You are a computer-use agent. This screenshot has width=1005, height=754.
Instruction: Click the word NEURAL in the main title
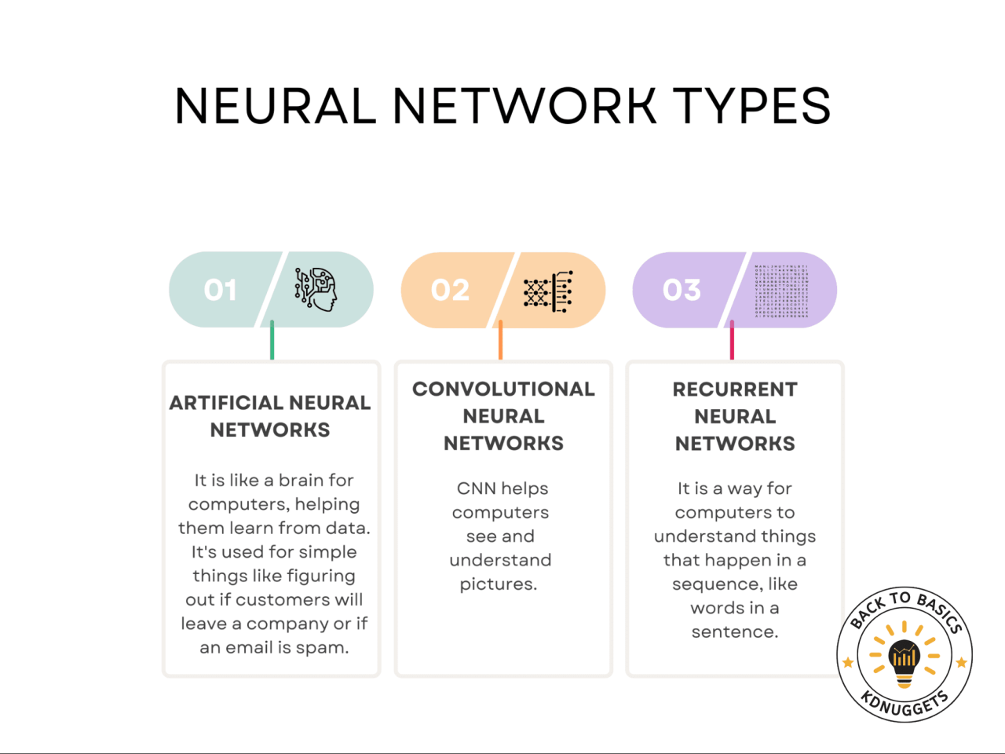276,106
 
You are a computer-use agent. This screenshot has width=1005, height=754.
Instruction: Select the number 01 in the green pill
220,290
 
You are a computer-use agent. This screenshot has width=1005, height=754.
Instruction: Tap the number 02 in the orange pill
450,290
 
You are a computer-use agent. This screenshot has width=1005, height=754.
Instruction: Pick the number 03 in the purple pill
682,290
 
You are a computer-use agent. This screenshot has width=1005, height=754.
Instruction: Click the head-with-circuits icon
316,289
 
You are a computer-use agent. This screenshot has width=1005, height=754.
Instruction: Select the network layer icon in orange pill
548,291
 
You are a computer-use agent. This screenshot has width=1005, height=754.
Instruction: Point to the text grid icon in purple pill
781,291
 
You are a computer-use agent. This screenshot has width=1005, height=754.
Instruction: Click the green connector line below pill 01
272,340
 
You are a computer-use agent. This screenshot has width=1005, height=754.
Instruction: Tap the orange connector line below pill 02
500,340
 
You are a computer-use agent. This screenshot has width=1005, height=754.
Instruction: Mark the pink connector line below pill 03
732,340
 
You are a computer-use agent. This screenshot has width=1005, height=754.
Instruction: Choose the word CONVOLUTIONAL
503,390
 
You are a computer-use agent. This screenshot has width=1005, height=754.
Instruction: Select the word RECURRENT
735,390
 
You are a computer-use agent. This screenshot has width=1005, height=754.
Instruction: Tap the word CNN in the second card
476,489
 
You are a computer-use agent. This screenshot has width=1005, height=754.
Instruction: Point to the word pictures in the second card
498,584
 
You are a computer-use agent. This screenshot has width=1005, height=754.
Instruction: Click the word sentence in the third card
734,632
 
